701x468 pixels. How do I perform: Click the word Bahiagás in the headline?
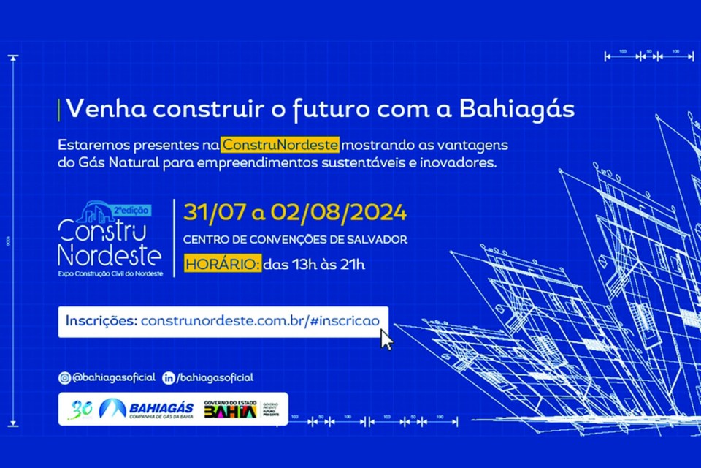517,108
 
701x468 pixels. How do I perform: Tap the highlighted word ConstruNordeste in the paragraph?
280,145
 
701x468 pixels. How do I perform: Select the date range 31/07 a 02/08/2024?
295,213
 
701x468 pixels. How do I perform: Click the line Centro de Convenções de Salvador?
295,239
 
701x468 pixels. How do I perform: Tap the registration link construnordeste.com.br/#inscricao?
264,321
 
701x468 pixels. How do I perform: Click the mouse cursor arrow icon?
386,339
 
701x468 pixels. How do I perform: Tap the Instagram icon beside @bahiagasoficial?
65,377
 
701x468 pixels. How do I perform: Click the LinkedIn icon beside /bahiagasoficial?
169,377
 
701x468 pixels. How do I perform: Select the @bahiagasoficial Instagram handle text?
114,377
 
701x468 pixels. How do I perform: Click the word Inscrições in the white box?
101,321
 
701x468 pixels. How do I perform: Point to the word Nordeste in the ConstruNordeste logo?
110,256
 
